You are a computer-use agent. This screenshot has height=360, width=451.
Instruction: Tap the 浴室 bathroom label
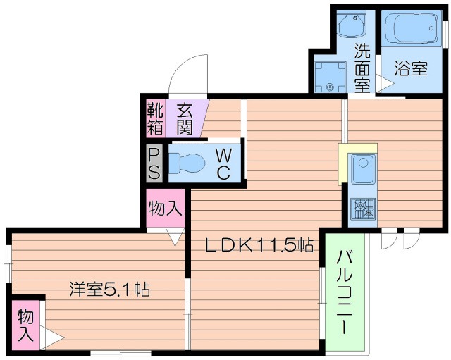pos(412,69)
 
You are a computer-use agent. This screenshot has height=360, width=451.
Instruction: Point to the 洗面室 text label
pos(362,68)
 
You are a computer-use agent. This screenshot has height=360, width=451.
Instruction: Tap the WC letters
pos(222,163)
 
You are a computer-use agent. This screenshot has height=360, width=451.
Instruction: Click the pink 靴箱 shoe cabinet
pos(154,118)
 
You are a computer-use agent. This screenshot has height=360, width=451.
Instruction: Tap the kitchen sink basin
pos(364,170)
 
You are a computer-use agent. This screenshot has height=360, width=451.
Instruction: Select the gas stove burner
pos(364,208)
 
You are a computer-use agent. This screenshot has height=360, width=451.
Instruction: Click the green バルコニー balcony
pos(345,292)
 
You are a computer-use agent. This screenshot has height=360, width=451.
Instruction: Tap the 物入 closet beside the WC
pos(166,209)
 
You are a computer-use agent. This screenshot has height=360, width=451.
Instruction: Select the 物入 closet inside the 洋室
pos(25,325)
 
